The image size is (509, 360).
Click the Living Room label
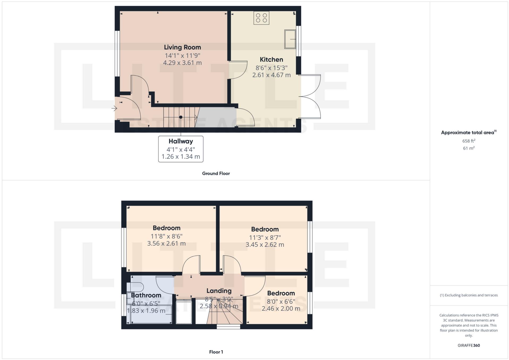182,47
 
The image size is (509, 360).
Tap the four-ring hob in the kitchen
261,18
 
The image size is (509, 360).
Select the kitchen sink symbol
290,39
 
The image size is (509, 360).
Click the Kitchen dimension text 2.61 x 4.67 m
271,75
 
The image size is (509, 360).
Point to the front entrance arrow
114,108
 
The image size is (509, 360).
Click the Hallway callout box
181,149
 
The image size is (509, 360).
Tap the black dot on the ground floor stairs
181,117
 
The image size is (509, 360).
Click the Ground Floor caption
216,174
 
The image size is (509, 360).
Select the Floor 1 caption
216,352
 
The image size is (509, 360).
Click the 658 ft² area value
469,141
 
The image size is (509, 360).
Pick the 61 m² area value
469,148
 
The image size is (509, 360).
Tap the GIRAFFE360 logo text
469,345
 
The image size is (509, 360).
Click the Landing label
219,291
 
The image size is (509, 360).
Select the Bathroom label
146,295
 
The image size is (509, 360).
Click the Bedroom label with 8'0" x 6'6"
281,293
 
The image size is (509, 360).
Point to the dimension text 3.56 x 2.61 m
166,244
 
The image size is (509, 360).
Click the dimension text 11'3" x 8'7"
265,237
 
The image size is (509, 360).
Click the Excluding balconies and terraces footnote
469,295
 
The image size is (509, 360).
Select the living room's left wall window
117,54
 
